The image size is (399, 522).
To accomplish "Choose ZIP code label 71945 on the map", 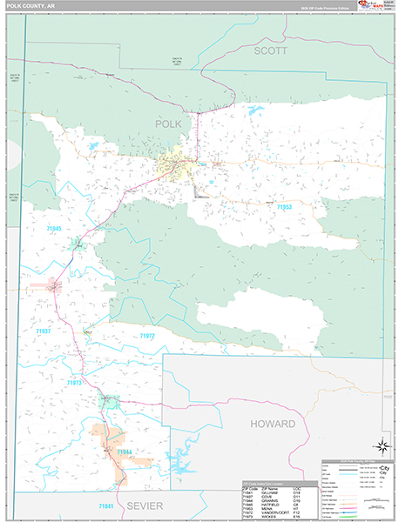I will [51, 228].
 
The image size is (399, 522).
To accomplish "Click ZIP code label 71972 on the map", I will [147, 335].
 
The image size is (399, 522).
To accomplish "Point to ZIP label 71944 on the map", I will [124, 452].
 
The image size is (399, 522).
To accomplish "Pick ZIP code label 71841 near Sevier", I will [106, 505].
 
